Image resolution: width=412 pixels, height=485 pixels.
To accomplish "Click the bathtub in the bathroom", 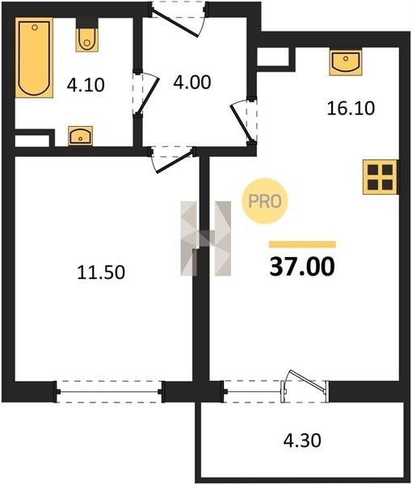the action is click(x=34, y=57).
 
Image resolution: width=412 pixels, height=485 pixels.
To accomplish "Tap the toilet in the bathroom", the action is click(x=87, y=40).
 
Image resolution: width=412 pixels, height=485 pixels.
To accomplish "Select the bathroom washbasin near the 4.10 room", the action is click(x=80, y=136).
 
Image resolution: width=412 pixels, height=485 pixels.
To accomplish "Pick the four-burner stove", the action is click(x=380, y=177).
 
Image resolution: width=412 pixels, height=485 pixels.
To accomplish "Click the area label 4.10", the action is click(x=86, y=85).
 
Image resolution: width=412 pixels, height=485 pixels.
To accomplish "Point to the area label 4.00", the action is click(x=192, y=82).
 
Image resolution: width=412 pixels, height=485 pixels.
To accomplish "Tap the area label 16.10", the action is click(x=351, y=108).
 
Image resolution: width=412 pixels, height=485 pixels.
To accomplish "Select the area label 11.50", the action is click(x=101, y=272).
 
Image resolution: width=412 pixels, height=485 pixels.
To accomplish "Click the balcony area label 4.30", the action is click(x=302, y=441).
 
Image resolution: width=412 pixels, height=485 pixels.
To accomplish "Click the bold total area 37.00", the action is click(x=302, y=267).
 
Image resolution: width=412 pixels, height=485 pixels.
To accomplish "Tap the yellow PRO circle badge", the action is click(x=265, y=201).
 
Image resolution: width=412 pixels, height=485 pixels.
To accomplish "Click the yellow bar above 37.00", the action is click(x=302, y=244).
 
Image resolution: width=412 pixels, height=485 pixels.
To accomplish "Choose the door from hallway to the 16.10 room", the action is click(x=243, y=120).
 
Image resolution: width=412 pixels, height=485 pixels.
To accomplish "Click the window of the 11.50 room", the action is click(x=109, y=392).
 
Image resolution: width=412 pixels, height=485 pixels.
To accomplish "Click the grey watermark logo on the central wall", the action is click(x=205, y=238).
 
